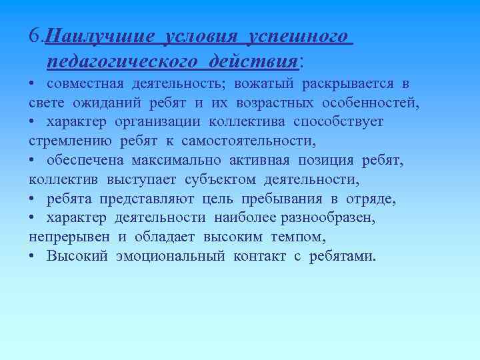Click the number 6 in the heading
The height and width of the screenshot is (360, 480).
coord(35,35)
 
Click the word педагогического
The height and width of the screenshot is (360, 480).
coord(123,62)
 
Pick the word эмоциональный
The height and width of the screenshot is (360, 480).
coord(171,257)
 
